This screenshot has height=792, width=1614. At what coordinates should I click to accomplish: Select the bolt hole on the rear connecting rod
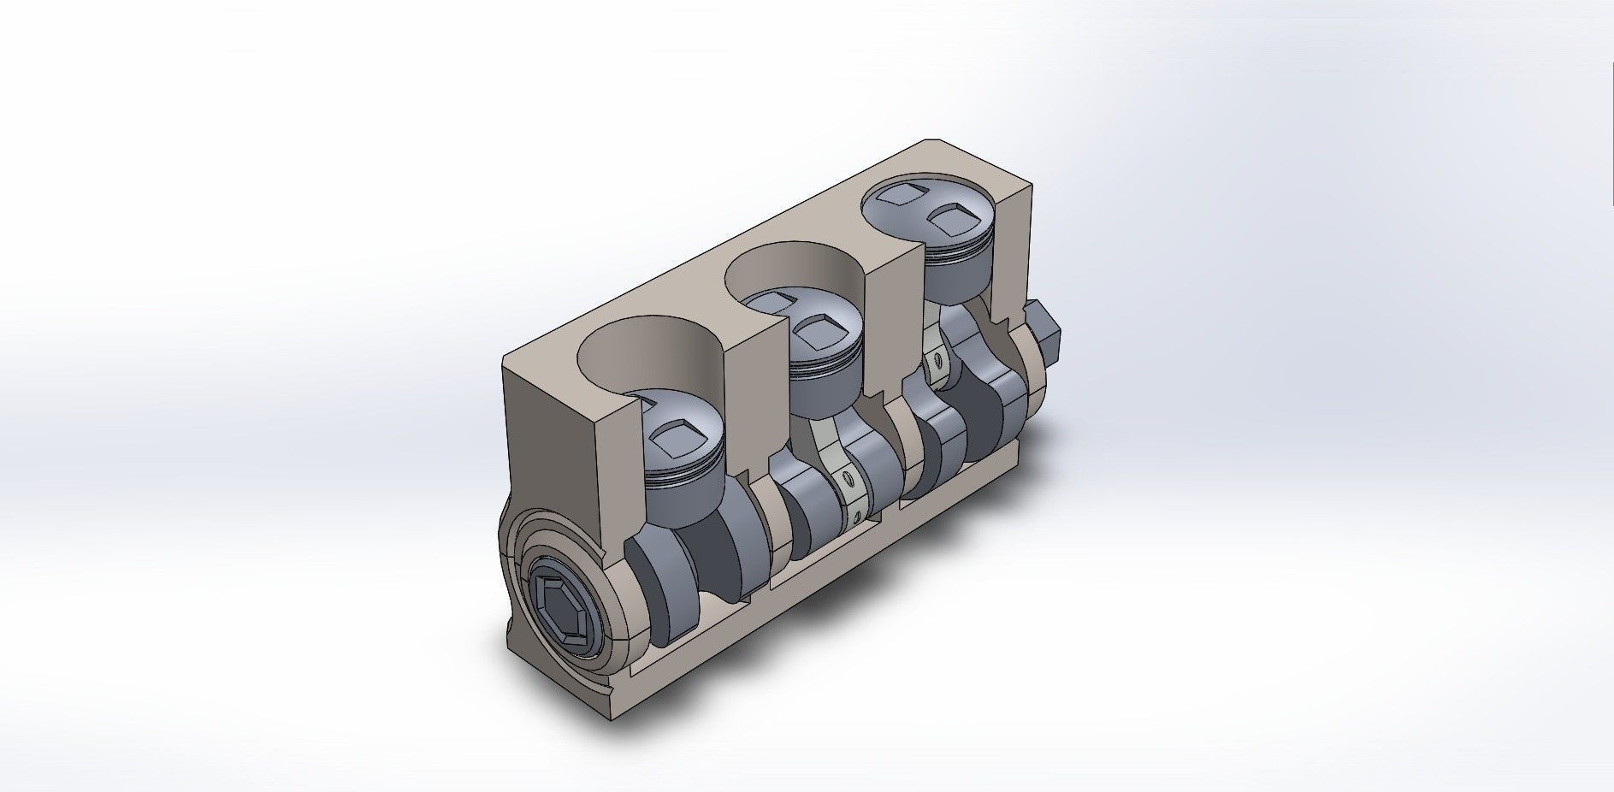click(939, 363)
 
